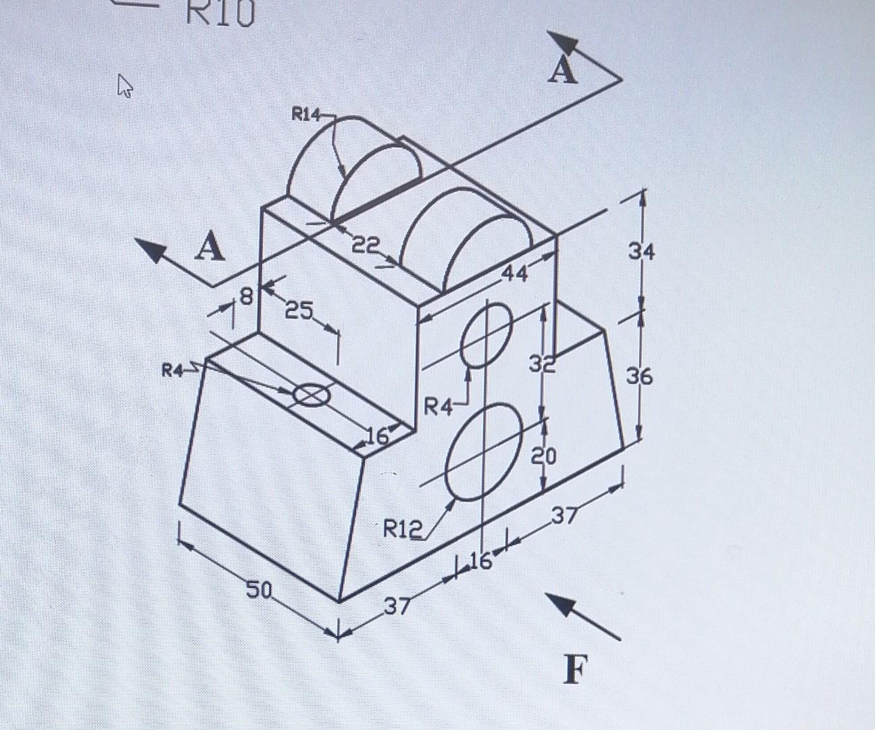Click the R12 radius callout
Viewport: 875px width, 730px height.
(403, 529)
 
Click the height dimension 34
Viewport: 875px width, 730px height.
(641, 253)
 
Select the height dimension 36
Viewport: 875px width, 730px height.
(640, 376)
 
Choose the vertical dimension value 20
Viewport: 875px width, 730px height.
(544, 458)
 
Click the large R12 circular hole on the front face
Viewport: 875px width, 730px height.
(484, 452)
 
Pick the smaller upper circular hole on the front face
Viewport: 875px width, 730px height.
(486, 335)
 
